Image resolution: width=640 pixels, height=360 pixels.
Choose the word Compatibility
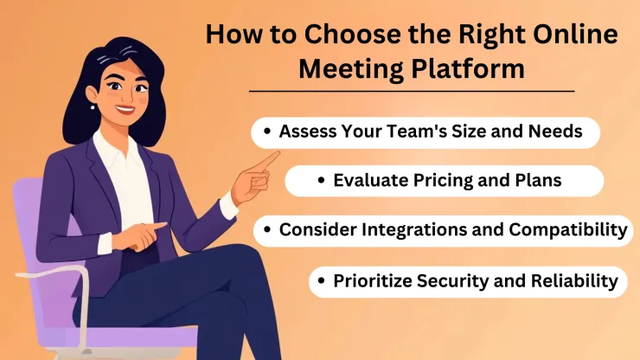click(565, 230)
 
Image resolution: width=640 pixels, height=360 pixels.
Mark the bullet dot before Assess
click(270, 132)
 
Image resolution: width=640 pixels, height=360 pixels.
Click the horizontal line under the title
click(411, 90)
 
